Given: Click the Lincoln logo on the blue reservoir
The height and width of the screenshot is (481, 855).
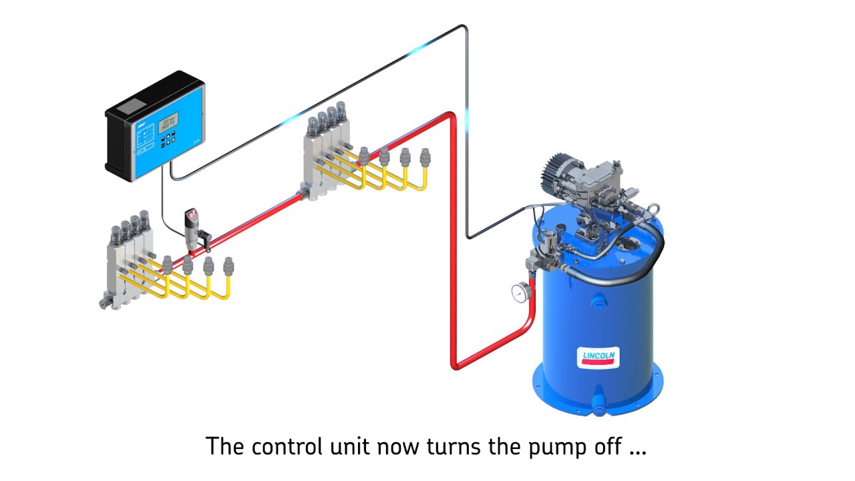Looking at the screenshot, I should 598,357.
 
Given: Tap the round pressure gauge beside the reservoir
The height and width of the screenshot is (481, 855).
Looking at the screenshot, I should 519,292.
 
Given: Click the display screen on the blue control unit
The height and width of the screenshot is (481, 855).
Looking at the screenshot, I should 168,122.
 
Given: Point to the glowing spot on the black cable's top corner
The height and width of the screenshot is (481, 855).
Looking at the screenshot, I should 421,48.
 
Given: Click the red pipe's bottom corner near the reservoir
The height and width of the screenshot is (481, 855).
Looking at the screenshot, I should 455,365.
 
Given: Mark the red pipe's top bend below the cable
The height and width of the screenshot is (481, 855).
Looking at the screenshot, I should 452,117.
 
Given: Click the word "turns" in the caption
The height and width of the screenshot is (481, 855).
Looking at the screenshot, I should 448,446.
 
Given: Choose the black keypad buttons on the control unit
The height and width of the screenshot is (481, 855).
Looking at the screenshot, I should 170,137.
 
